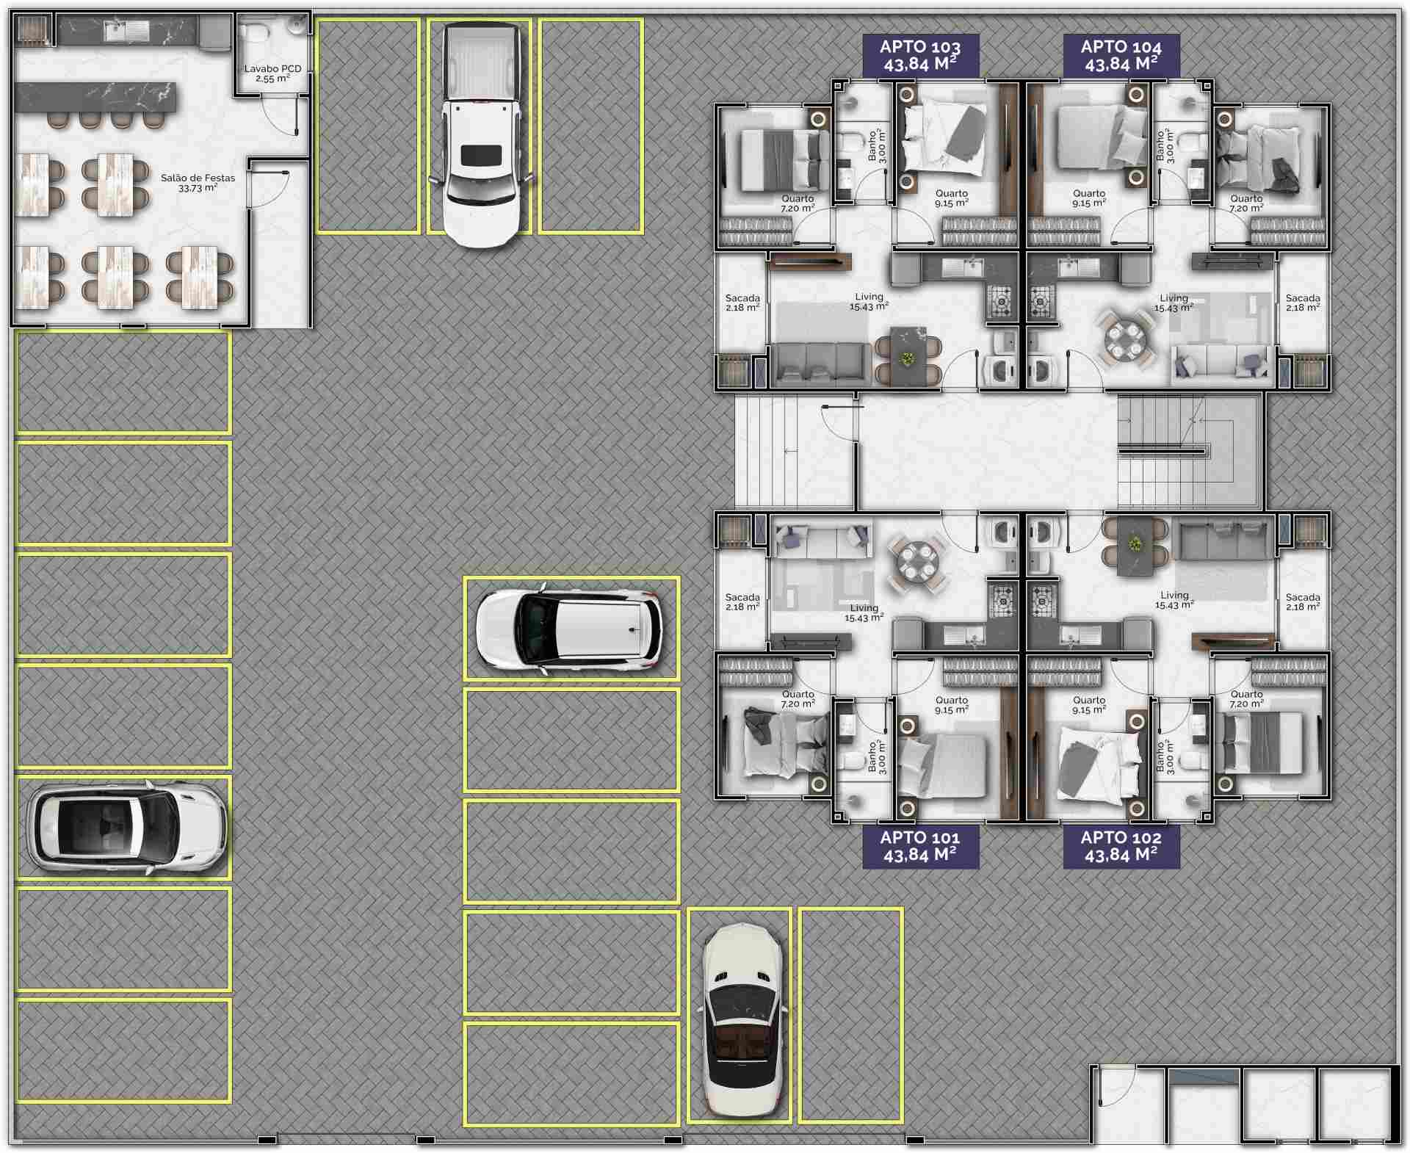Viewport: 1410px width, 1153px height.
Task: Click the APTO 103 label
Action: tap(920, 55)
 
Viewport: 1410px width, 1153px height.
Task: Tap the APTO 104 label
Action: tap(1121, 55)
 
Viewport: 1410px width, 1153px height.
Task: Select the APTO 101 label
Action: tap(920, 846)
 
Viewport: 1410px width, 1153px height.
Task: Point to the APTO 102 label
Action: tap(1121, 846)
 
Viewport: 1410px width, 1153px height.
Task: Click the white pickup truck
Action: tap(481, 134)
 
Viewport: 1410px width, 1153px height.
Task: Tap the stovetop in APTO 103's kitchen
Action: tap(1000, 301)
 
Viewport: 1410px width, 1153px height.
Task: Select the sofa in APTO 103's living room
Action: tap(820, 363)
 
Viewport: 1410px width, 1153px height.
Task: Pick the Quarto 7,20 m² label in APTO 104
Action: tap(1246, 203)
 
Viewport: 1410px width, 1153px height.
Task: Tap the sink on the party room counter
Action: tap(126, 31)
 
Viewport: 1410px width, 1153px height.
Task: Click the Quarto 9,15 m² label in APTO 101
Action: tap(952, 705)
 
